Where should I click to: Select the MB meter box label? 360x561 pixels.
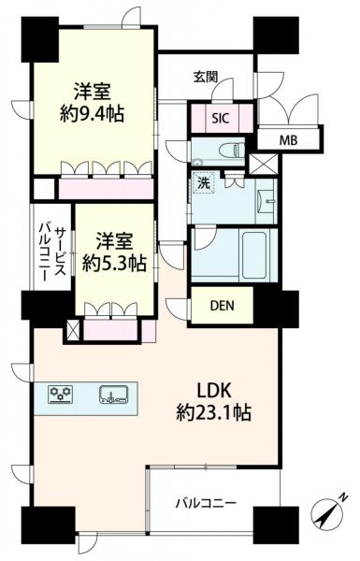click(291, 141)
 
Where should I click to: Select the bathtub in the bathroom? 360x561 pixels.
click(252, 251)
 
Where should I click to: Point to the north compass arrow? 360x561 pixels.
click(330, 512)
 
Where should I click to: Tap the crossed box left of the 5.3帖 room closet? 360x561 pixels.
click(74, 330)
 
